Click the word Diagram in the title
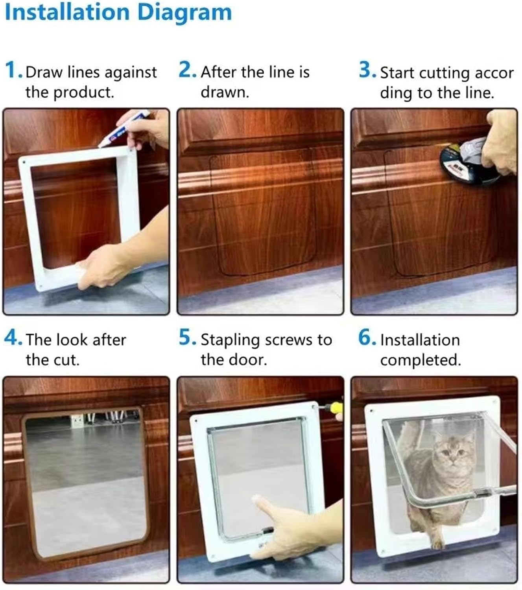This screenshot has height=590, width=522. pyautogui.click(x=184, y=13)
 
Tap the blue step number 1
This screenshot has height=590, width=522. pyautogui.click(x=13, y=71)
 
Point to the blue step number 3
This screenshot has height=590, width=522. pyautogui.click(x=366, y=70)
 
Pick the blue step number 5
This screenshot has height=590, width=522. pyautogui.click(x=186, y=338)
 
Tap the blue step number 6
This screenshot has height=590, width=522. pyautogui.click(x=366, y=338)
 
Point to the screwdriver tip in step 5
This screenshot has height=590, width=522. pyautogui.click(x=323, y=408)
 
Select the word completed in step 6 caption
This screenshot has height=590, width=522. pyautogui.click(x=420, y=360)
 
